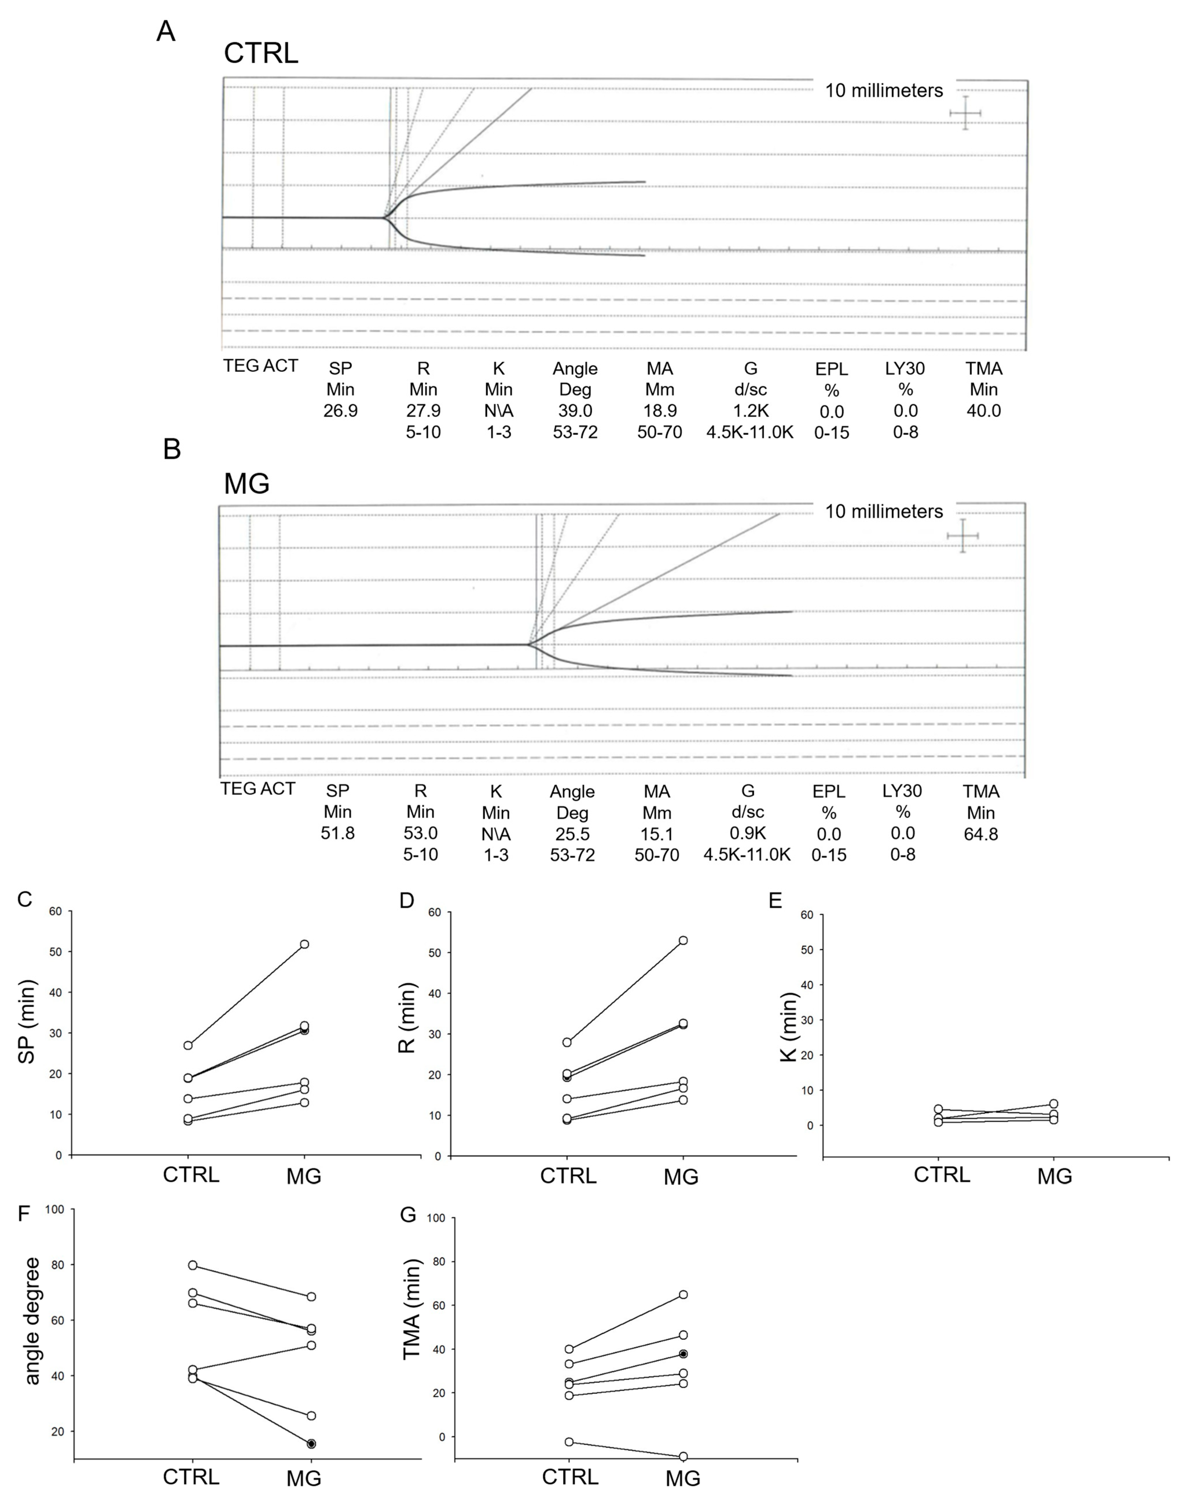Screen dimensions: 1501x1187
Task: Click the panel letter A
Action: click(166, 31)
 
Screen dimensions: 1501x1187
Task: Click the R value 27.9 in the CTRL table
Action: click(423, 411)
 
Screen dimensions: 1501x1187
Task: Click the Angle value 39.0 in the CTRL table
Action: click(575, 411)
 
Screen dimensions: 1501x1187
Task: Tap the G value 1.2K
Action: click(751, 411)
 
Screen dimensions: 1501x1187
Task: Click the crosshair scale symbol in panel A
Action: click(966, 113)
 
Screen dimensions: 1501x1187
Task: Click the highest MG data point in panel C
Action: click(304, 944)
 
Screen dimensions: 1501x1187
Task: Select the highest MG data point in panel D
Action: click(683, 940)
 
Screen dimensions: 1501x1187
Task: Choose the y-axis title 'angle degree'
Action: click(32, 1320)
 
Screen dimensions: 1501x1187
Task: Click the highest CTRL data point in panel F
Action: click(192, 1265)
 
